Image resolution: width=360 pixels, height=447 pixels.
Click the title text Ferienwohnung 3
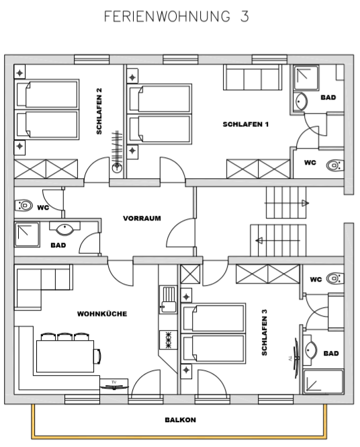point(177,16)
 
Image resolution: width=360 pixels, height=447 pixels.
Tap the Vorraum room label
point(142,218)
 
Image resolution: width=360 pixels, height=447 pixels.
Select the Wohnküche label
point(102,314)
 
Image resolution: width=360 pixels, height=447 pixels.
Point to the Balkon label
point(180,420)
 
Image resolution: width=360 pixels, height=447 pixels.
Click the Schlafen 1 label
point(246,124)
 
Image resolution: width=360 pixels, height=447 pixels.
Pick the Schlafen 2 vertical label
point(99,111)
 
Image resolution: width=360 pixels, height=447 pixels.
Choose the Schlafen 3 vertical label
point(265,333)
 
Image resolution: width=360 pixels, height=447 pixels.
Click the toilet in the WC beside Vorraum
point(24,205)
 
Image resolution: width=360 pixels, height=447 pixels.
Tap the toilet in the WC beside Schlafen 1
point(335,165)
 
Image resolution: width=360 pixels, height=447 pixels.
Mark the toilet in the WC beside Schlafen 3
point(335,278)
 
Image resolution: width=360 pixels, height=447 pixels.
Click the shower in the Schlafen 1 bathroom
point(306,77)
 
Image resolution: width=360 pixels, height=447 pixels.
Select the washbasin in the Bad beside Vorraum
point(65,229)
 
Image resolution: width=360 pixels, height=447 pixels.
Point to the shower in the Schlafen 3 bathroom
point(323,381)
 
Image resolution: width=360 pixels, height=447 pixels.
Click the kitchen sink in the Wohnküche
point(168,300)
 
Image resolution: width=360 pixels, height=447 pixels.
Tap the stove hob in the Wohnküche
point(168,340)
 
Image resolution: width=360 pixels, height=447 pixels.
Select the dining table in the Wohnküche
point(65,356)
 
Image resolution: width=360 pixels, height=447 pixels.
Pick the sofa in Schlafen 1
point(253,77)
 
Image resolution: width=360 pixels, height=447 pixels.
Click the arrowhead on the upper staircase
point(306,203)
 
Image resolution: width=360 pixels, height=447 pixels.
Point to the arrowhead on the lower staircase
point(259,241)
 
